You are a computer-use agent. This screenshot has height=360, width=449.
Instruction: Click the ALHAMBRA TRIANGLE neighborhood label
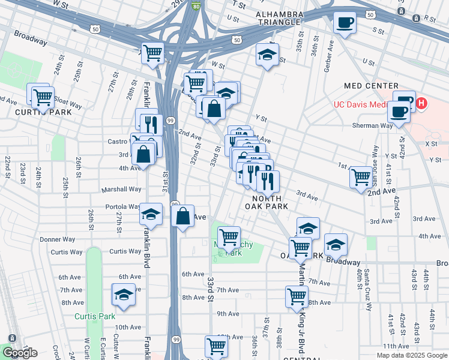[277, 18]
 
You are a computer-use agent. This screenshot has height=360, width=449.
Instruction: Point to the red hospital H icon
[421, 104]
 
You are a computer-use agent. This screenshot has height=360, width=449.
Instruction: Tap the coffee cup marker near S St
[344, 23]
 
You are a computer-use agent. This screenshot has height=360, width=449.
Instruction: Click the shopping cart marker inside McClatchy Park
[229, 238]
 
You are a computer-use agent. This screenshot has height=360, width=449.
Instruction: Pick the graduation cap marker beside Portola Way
[151, 214]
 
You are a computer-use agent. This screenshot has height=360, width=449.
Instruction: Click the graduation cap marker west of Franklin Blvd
[123, 295]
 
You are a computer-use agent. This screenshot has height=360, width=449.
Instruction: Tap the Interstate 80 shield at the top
[196, 5]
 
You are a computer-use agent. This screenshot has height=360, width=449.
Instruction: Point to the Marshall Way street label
[122, 189]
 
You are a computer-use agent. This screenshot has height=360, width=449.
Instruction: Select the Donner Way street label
[58, 239]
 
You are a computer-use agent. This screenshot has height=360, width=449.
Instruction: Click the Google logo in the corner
[19, 353]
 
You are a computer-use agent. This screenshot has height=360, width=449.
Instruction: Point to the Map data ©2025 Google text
[411, 355]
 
